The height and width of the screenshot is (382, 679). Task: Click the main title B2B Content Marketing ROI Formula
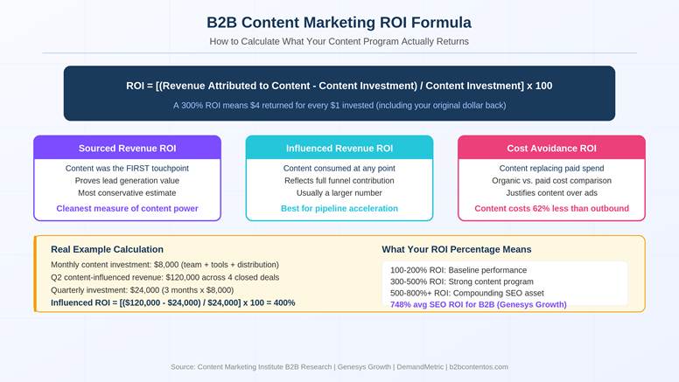[x=339, y=22]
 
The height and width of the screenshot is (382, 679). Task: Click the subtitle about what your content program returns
[x=339, y=41]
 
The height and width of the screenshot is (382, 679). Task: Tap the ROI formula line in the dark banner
[x=339, y=86]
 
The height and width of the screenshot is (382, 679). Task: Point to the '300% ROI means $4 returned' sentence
[x=339, y=105]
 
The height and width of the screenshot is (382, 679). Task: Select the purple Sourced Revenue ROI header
[x=127, y=148]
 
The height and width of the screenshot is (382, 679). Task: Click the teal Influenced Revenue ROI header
[x=339, y=148]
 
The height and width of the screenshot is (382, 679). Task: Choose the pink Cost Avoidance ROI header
[x=551, y=148]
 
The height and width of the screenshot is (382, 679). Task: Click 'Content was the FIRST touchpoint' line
[x=127, y=168]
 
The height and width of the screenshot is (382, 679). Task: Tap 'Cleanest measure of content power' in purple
[x=127, y=208]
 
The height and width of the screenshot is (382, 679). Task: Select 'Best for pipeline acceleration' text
[x=339, y=208]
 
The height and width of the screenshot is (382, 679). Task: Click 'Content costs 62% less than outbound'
[x=551, y=208]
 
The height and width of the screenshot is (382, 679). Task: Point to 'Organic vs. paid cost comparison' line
[x=551, y=180]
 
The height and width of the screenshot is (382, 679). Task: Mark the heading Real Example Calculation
[x=107, y=249]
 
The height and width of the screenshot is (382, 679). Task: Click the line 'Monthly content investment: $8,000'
[x=164, y=264]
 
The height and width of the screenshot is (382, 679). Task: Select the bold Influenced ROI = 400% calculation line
[x=172, y=302]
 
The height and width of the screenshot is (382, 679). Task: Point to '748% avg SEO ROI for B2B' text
[x=478, y=304]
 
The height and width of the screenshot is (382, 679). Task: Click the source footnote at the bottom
[x=339, y=367]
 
